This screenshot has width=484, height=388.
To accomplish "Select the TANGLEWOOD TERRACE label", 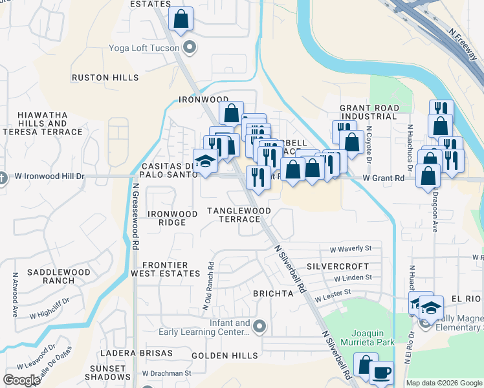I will click(239, 215).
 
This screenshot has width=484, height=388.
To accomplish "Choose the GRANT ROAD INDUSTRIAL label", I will click(369, 112).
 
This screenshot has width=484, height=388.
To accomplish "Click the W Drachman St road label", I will click(167, 373).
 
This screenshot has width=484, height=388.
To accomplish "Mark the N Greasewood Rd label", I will click(137, 217).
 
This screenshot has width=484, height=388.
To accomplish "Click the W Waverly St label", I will click(351, 248).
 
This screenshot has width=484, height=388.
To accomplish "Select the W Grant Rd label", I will click(383, 177).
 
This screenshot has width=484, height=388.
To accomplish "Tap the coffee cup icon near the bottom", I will click(381, 373).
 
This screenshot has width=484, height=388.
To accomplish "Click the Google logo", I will click(21, 380).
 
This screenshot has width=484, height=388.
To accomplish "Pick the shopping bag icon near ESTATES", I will click(181, 19).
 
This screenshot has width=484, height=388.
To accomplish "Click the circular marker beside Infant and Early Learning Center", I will click(260, 326).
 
